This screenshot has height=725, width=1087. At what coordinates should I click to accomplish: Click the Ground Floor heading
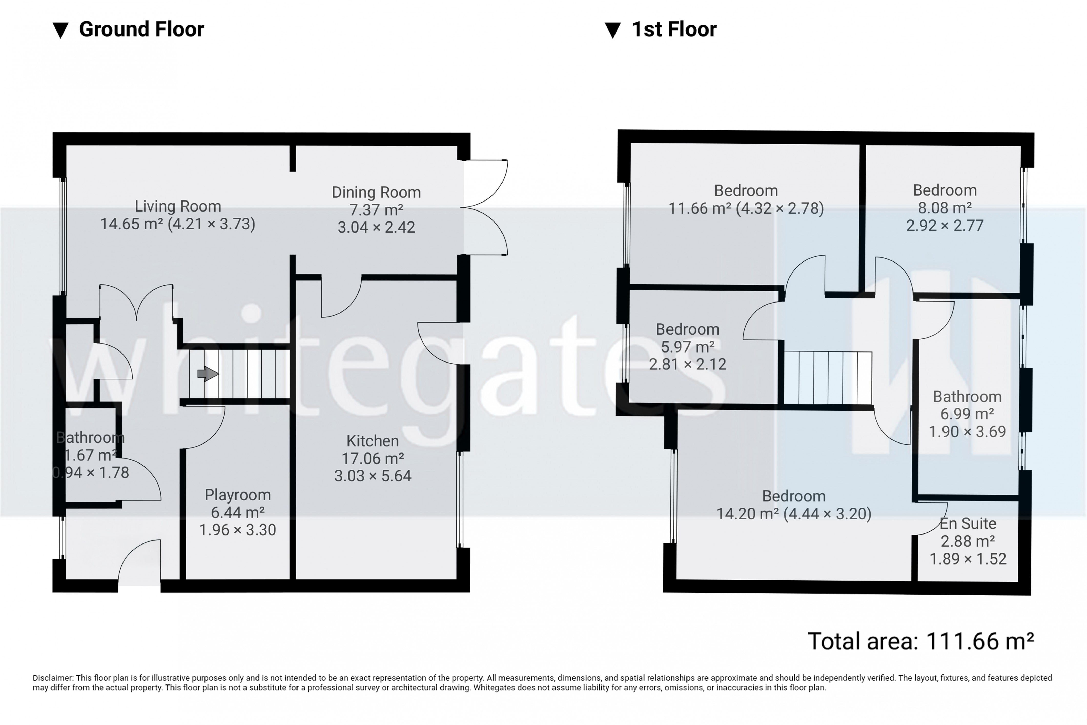pos(141,29)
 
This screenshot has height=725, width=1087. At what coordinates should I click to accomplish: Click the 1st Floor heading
pos(674,29)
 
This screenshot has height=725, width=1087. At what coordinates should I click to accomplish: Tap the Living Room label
pos(178,206)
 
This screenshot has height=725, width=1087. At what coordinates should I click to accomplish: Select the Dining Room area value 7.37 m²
pos(376,210)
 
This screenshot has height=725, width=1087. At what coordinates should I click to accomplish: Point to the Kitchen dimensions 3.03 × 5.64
pos(373,476)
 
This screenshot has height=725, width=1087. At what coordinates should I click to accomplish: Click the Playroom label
pos(238,495)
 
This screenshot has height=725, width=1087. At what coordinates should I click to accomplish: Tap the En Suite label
pos(968,523)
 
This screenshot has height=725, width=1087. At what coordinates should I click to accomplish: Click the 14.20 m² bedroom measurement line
pos(794,514)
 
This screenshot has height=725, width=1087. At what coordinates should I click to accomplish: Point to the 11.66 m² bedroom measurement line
pos(746,208)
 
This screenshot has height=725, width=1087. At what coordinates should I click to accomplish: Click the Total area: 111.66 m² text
pos(921,641)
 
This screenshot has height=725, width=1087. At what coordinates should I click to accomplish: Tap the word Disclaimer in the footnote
pos(53,678)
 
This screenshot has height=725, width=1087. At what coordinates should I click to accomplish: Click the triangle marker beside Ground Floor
pos(60,31)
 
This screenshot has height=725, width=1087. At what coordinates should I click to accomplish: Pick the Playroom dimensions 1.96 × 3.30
pos(238,530)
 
